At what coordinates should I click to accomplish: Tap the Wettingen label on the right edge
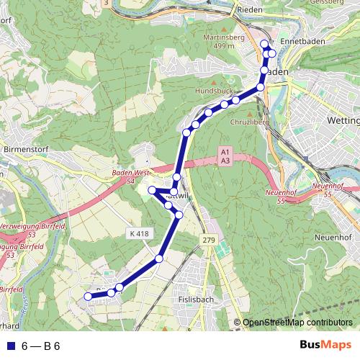343,119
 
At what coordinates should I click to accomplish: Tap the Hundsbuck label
214,91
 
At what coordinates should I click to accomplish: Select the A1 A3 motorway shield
225,157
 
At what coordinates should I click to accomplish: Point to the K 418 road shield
140,233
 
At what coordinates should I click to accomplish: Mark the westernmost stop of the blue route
88,296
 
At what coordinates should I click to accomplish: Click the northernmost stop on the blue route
264,44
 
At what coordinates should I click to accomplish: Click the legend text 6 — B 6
41,346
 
